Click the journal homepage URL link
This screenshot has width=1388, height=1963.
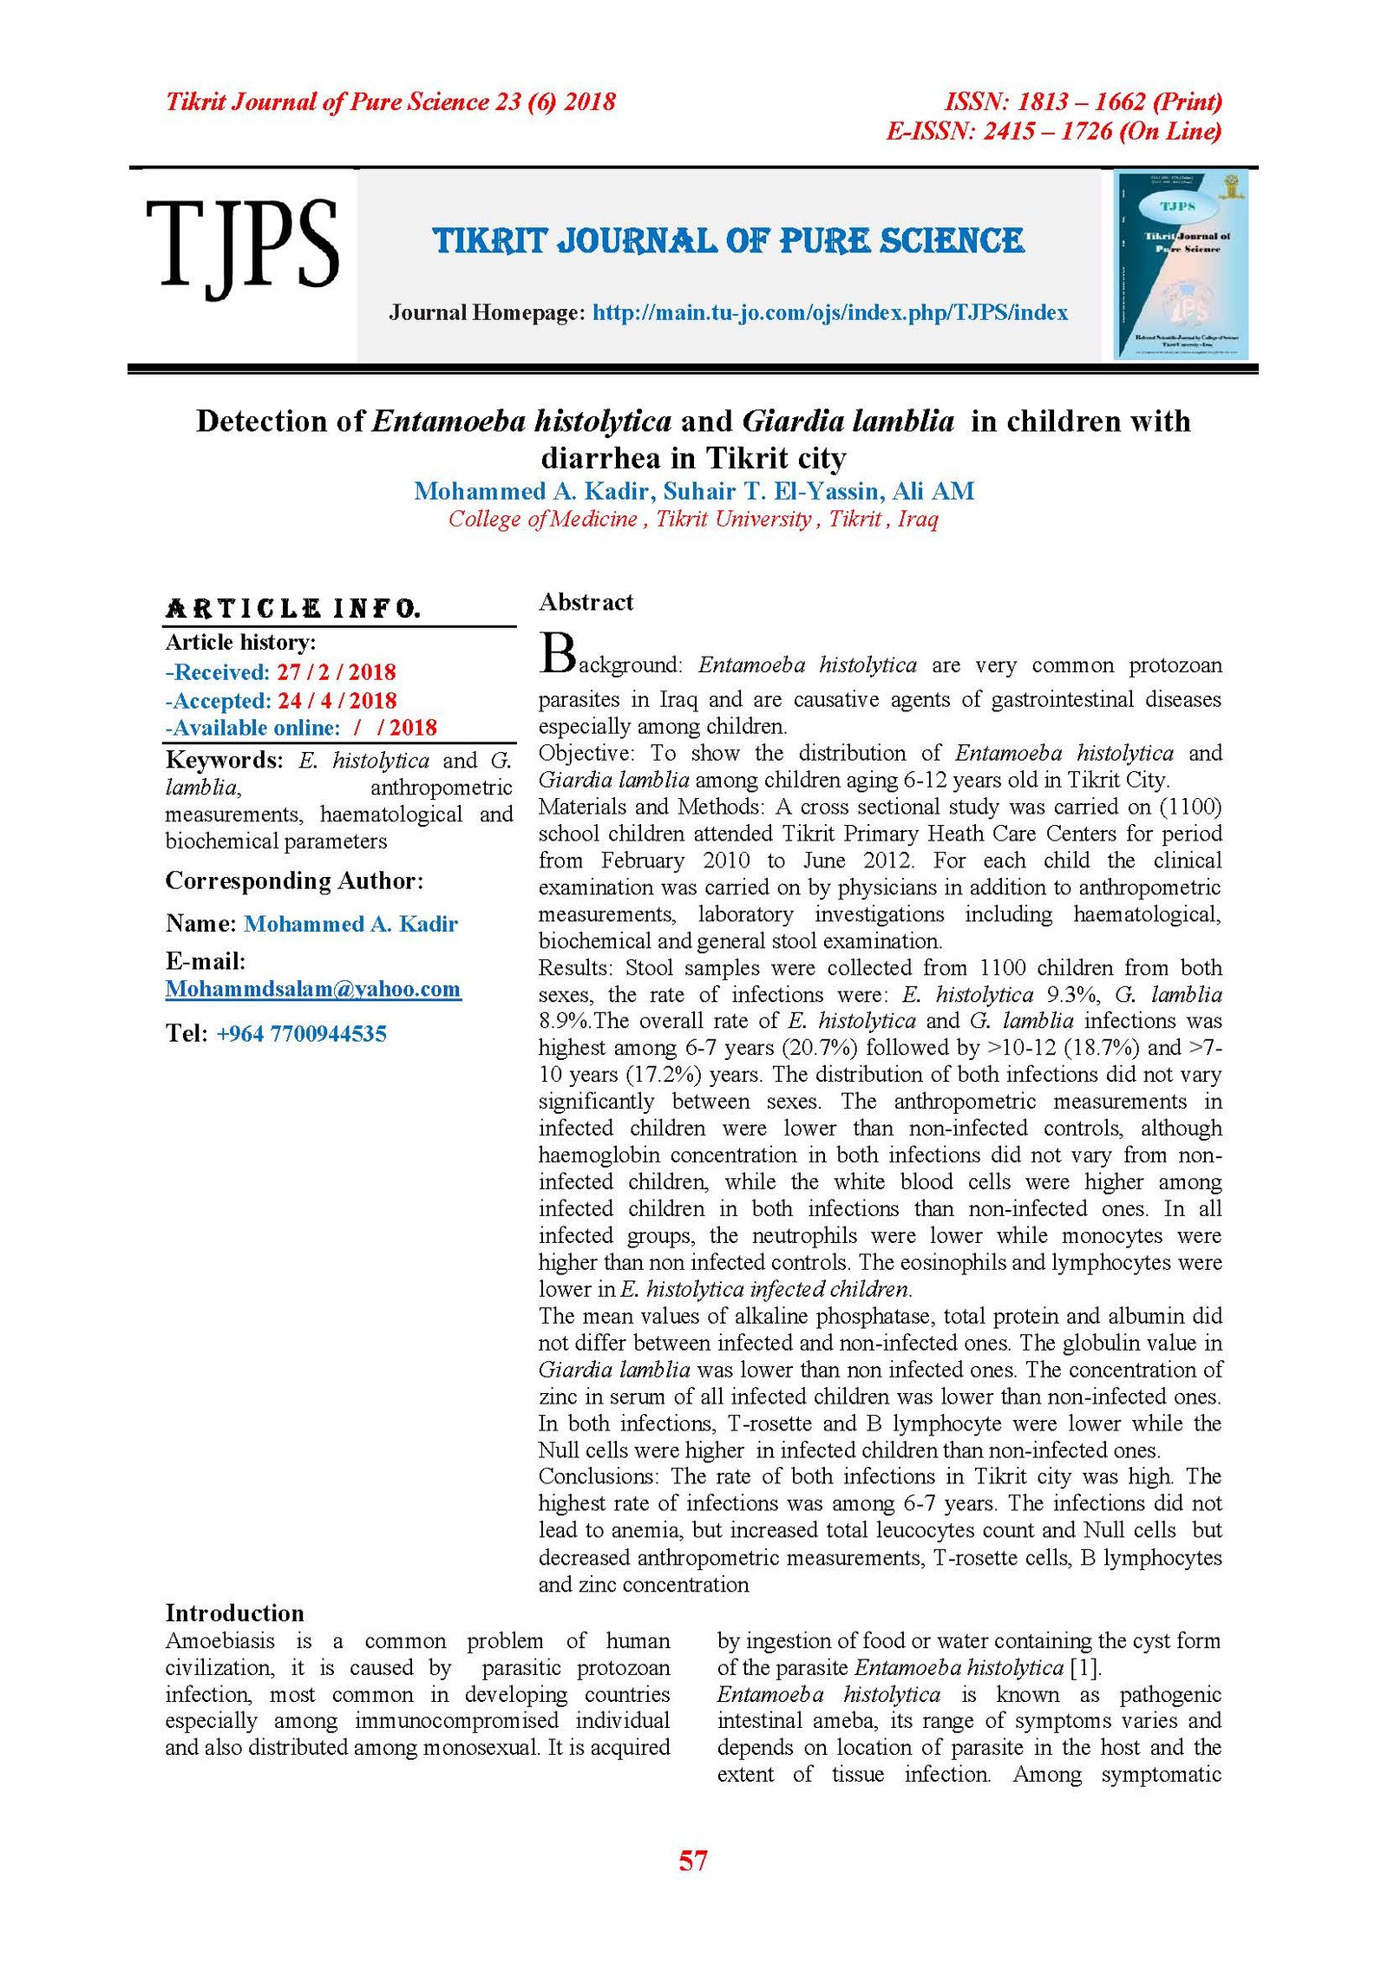coord(829,313)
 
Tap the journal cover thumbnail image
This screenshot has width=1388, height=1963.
coord(1181,265)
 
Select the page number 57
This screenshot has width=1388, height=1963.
coord(692,1860)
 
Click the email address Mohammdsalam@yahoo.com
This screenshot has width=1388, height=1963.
coord(312,989)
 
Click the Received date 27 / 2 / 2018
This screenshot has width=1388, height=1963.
coord(336,672)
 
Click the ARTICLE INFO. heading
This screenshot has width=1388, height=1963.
coord(292,608)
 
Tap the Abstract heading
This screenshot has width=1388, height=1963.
coord(586,602)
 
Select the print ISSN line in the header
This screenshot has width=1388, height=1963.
coord(1083,101)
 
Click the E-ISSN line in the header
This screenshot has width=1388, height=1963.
coord(1053,131)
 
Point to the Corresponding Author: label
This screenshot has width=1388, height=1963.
coord(294,880)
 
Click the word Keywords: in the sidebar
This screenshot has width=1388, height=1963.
coord(224,760)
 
